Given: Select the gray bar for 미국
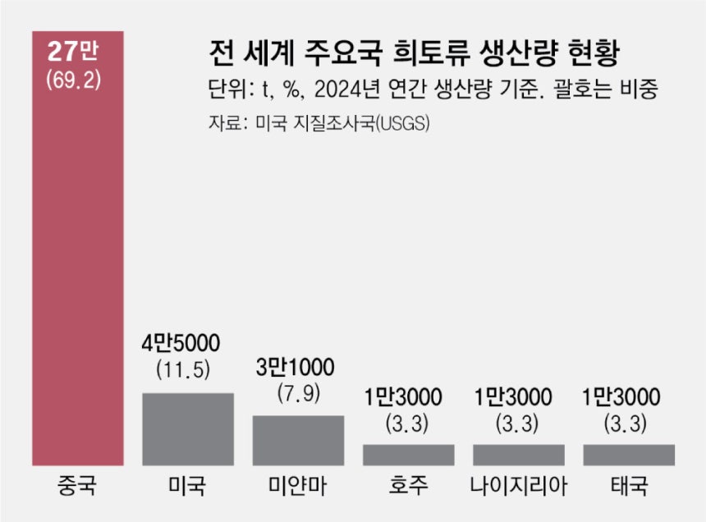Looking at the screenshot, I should click(187, 429).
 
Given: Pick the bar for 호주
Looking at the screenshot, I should click(408, 455).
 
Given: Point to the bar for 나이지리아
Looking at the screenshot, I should click(519, 455).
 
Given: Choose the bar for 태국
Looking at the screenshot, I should click(629, 455).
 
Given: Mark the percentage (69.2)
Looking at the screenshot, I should click(77, 83).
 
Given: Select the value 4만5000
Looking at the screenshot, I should click(187, 342).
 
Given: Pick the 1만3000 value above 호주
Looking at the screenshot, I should click(408, 398).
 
